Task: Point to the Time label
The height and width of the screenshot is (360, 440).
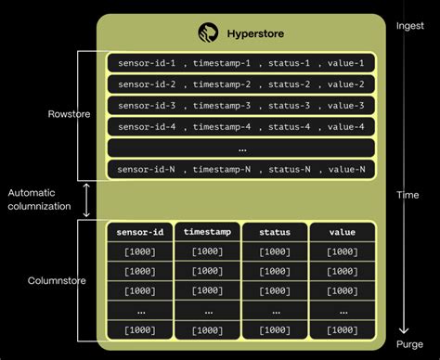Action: coord(406,195)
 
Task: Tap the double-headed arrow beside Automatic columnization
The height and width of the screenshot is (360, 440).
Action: coord(86,199)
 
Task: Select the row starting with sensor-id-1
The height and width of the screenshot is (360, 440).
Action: coord(240,63)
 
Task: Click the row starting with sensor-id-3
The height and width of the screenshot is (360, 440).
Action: coord(240,105)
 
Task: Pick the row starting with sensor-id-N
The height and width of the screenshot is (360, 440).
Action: coord(240,168)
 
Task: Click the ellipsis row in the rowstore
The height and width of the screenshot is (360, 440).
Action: coord(240,148)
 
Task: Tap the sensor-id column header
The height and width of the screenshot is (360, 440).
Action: coord(137,232)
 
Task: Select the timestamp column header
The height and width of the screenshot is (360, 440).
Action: coord(206,232)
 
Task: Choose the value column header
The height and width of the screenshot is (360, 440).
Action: coord(342,232)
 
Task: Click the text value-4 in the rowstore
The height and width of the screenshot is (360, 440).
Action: coord(347,126)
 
